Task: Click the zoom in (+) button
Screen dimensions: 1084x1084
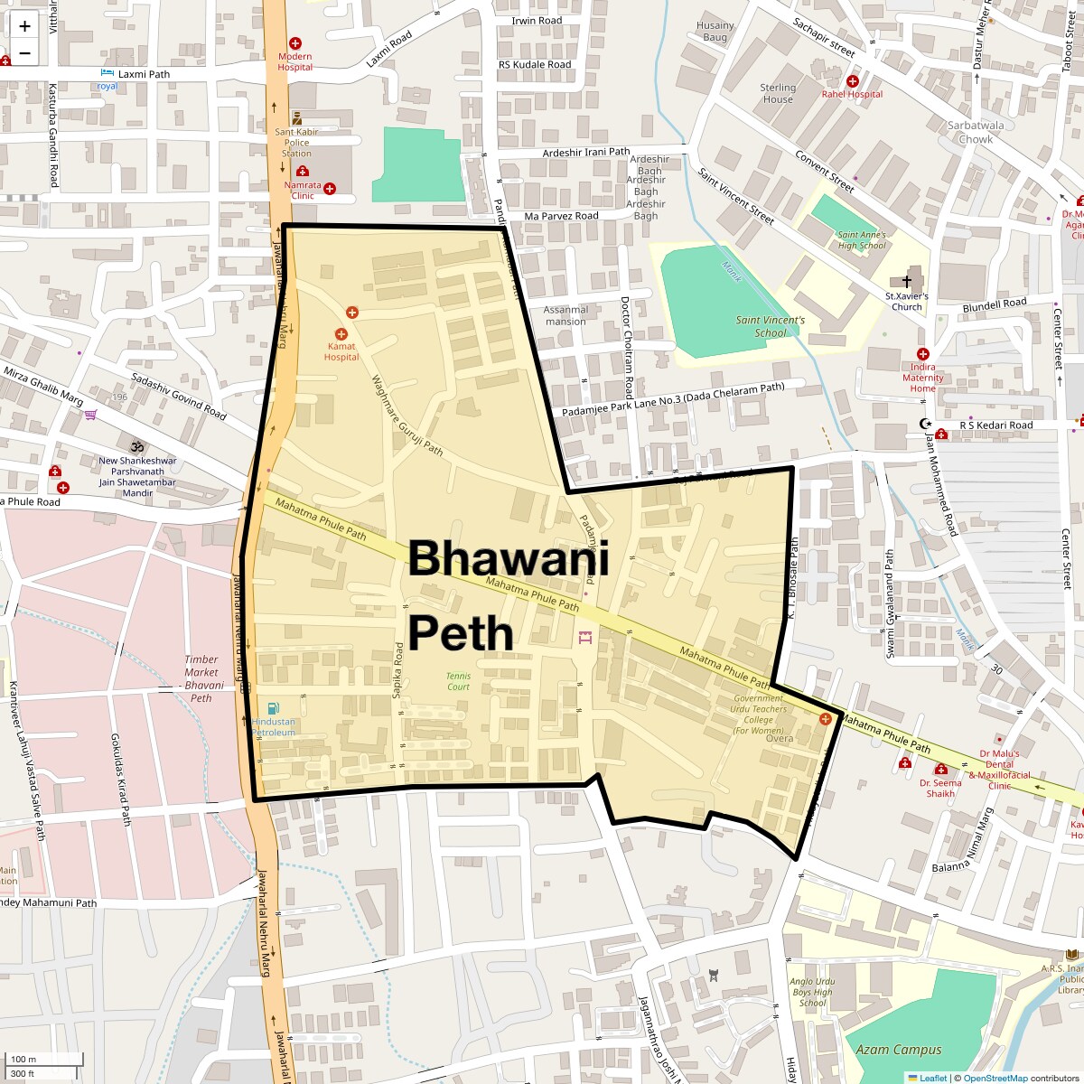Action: [x=24, y=26]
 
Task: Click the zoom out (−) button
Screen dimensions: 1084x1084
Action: [x=24, y=52]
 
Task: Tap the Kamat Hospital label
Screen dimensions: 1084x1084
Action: [x=341, y=351]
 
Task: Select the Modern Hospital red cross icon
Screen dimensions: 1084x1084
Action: [x=294, y=43]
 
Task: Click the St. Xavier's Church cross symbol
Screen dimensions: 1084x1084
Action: [x=906, y=282]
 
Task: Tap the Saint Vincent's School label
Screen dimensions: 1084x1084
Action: [x=770, y=326]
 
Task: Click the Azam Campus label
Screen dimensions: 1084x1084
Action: [x=898, y=1050]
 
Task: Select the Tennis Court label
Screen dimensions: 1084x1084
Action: [x=458, y=681]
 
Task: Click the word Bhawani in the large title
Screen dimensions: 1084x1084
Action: [x=509, y=558]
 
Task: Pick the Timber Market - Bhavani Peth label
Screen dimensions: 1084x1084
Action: [x=201, y=678]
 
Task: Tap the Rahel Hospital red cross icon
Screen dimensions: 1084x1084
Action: [x=852, y=81]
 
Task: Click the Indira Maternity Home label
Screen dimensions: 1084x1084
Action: [x=922, y=378]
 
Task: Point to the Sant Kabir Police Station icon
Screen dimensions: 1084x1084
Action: [x=296, y=118]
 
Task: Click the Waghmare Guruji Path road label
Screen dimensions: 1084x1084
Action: [x=407, y=416]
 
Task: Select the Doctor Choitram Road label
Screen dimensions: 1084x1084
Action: [x=626, y=348]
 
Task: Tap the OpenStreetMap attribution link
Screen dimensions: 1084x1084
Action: [x=995, y=1078]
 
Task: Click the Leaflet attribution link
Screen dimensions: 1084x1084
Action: [x=933, y=1078]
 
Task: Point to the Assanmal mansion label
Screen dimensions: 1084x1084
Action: [x=565, y=315]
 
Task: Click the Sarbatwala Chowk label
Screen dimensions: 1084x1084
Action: [x=976, y=133]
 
